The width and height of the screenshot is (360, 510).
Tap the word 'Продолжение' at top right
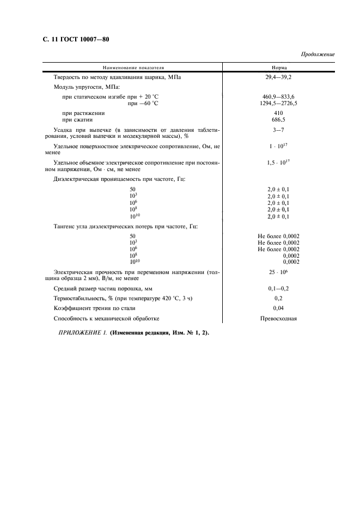(318, 54)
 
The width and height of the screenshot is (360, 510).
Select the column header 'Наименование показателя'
(132, 67)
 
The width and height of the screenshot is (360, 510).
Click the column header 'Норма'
(278, 67)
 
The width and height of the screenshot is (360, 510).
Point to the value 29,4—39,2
(278, 77)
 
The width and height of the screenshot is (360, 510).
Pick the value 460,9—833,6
(278, 96)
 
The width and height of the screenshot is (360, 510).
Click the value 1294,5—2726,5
(278, 103)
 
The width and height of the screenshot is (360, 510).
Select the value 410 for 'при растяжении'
(278, 113)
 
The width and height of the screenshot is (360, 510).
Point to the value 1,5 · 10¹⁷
(278, 162)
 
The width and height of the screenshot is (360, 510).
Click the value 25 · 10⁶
(278, 271)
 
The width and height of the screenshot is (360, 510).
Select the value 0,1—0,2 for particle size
(278, 288)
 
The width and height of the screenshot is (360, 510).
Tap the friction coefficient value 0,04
(278, 308)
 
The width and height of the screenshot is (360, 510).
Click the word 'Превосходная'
(278, 319)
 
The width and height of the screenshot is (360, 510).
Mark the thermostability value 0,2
(278, 299)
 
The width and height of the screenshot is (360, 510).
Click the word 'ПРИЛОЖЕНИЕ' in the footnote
(80, 333)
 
